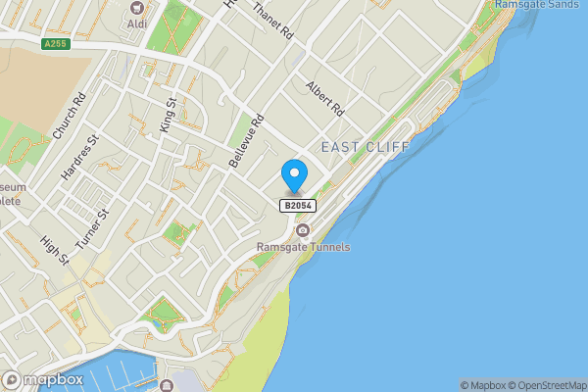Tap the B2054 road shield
298,205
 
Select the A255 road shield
55,43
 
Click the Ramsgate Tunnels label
303,247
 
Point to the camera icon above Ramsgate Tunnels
303,230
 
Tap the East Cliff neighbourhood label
366,146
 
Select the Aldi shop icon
138,7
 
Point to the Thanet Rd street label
272,21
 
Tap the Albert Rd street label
325,96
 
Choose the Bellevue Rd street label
246,142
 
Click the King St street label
168,114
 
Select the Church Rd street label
71,117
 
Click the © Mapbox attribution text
483,385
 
